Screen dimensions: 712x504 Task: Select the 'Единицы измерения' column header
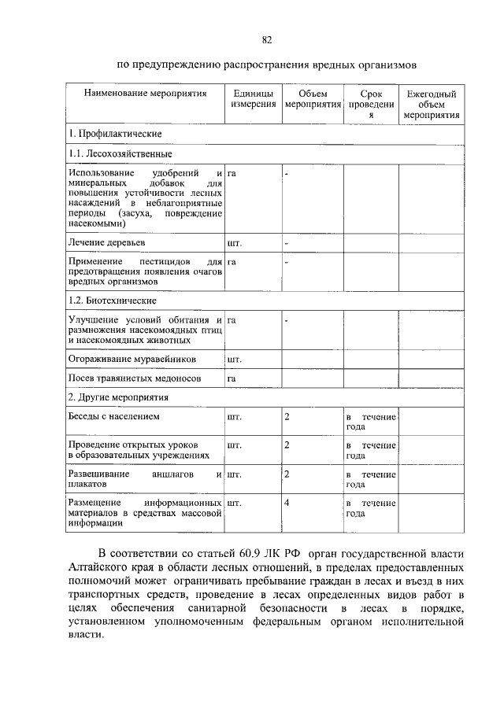pos(253,99)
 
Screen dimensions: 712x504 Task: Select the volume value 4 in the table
pos(287,502)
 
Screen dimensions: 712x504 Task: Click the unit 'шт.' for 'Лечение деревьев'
pos(234,244)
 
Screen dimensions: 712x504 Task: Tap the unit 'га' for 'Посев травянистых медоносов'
pos(232,379)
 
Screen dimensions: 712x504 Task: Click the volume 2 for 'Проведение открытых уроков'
pos(287,445)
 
